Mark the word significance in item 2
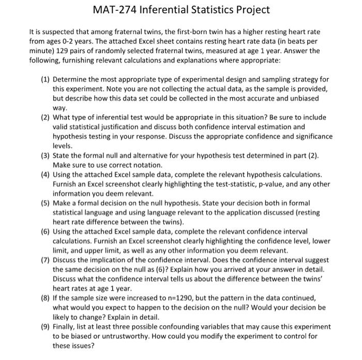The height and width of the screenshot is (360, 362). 312,136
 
